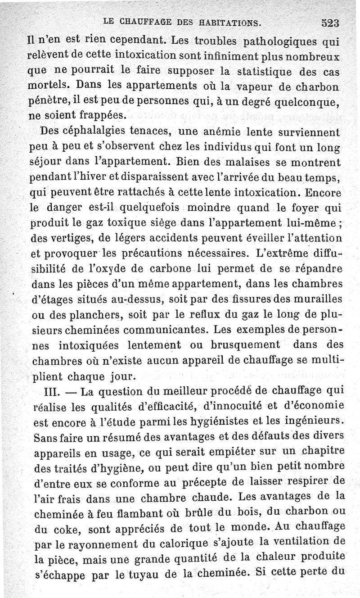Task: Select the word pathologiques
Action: click(282, 44)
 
